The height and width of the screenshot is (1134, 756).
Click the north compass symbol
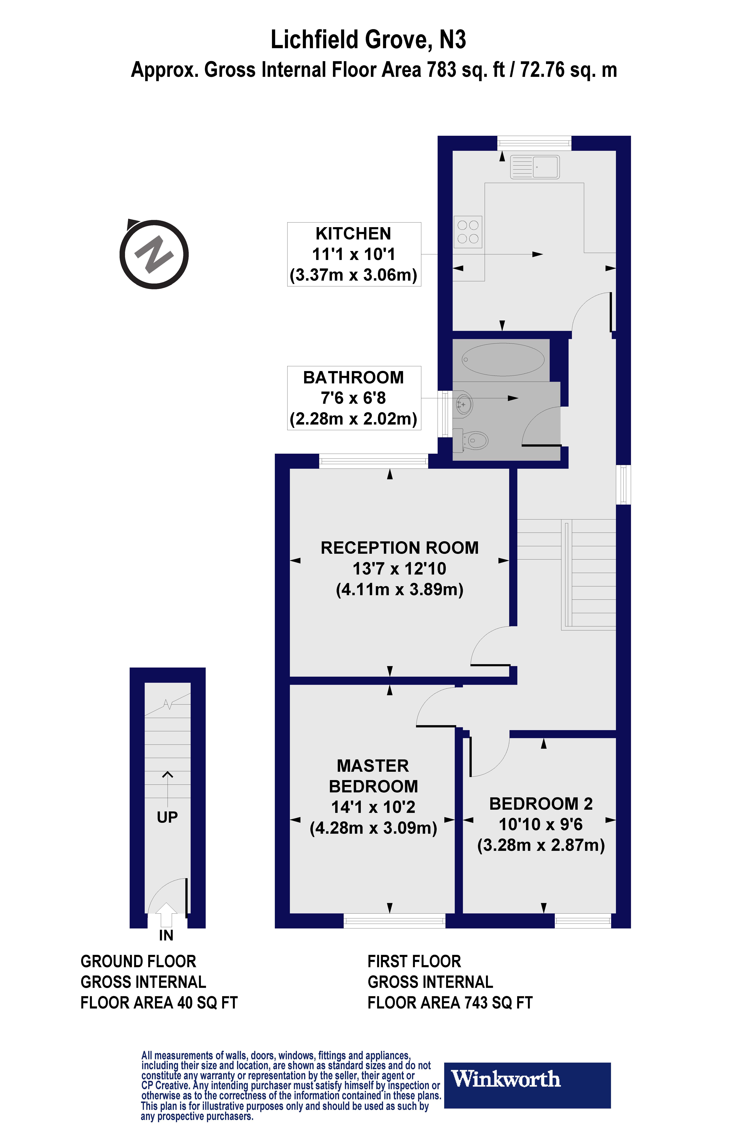click(x=154, y=254)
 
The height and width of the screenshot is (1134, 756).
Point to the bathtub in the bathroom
click(x=503, y=359)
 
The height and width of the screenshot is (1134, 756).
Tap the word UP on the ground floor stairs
click(x=167, y=817)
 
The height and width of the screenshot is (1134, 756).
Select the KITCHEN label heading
click(x=353, y=233)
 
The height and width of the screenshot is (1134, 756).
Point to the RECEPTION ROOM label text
click(x=400, y=548)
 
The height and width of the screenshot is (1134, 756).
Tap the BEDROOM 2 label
click(x=541, y=804)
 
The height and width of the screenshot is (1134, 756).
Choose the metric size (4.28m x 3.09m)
click(x=373, y=828)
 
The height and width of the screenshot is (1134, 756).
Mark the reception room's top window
click(x=374, y=461)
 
